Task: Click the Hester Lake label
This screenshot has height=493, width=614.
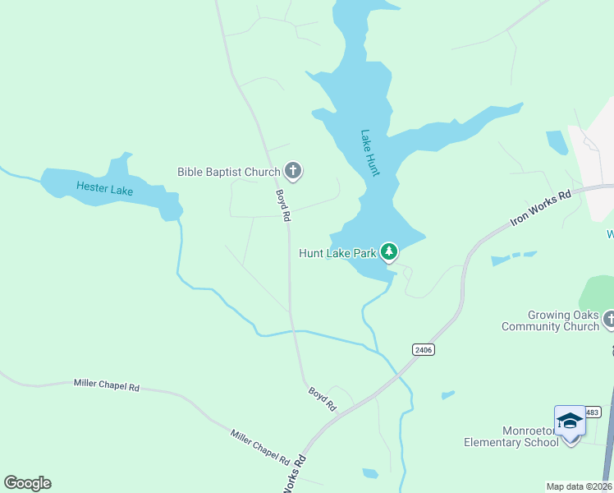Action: tap(104, 188)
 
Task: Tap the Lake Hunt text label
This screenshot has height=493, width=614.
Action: tap(370, 151)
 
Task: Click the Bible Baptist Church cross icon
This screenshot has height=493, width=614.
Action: tap(293, 172)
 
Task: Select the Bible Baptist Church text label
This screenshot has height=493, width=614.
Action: tap(229, 172)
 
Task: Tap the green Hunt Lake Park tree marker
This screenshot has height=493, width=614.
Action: tap(389, 252)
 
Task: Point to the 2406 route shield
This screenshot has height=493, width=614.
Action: tap(424, 350)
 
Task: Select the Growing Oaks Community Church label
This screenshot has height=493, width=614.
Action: tap(551, 320)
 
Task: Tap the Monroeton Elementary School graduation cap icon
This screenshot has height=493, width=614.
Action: tap(570, 422)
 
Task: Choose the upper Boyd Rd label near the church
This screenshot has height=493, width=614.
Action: tap(283, 205)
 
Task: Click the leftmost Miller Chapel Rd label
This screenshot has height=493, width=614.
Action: tap(107, 385)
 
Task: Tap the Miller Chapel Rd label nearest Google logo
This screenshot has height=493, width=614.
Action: tap(259, 446)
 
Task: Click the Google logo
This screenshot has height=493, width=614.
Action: tap(27, 483)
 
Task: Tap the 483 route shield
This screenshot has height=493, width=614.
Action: tap(593, 411)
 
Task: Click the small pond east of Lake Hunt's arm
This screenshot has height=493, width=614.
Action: tap(557, 142)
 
